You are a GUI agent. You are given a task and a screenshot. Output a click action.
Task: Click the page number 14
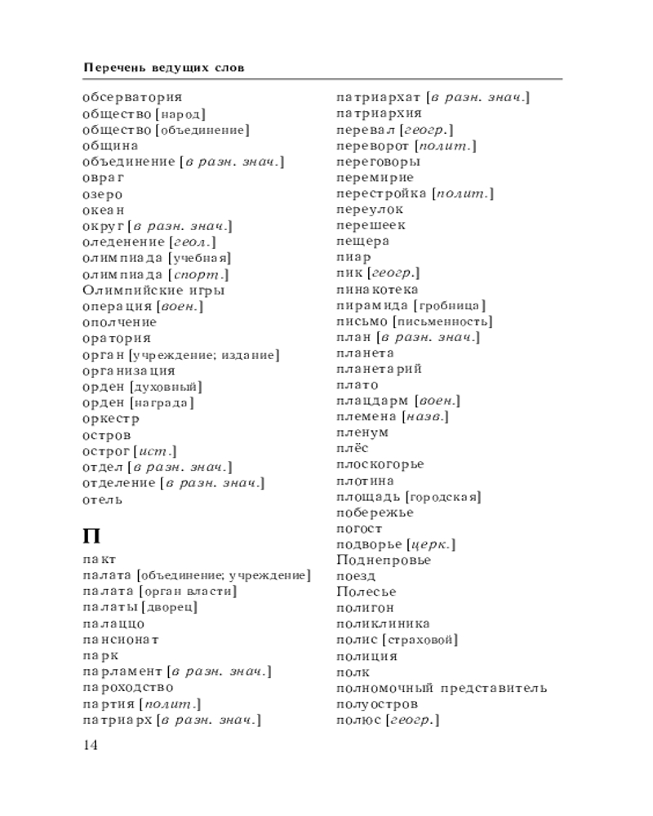(90, 746)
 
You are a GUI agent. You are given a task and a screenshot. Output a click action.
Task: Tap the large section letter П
(92, 536)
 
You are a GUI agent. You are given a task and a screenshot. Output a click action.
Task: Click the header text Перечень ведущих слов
(163, 67)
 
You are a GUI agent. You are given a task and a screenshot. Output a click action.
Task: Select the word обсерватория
(132, 98)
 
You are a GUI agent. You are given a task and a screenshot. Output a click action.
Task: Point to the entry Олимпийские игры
(154, 290)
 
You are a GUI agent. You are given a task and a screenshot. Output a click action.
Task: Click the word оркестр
(111, 419)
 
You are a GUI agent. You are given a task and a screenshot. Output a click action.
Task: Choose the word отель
(103, 499)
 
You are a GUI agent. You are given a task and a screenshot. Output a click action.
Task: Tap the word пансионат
(121, 639)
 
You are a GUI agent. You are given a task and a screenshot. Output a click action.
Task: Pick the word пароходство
(128, 687)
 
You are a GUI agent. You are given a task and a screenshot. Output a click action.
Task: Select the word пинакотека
(377, 290)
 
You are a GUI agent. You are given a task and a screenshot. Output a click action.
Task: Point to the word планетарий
(379, 369)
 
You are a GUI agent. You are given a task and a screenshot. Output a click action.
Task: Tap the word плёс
(353, 448)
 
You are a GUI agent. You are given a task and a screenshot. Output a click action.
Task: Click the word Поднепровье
(384, 560)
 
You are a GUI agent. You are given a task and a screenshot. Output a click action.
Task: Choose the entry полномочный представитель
(442, 688)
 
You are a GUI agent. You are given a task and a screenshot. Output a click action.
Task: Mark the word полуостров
(377, 703)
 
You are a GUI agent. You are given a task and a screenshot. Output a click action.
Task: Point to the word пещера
(362, 242)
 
